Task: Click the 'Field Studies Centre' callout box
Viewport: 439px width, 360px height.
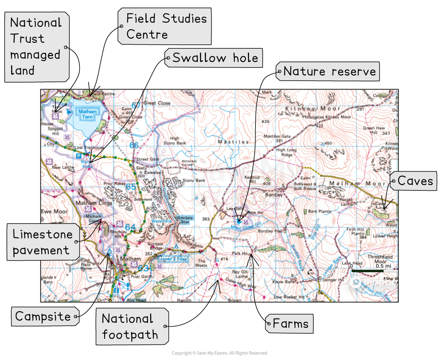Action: (164, 26)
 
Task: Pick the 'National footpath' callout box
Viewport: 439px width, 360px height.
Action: (131, 326)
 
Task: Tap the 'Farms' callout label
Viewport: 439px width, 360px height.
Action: (290, 323)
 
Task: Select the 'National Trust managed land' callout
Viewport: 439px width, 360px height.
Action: (36, 47)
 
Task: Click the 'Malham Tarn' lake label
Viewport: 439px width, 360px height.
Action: (87, 114)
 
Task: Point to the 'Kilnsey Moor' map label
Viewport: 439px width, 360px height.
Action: (312, 109)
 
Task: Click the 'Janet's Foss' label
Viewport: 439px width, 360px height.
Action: (173, 259)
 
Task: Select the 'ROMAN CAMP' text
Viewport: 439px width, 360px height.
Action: (189, 162)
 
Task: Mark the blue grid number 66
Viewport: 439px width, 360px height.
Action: (134, 145)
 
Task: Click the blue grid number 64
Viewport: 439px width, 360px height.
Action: (130, 227)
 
